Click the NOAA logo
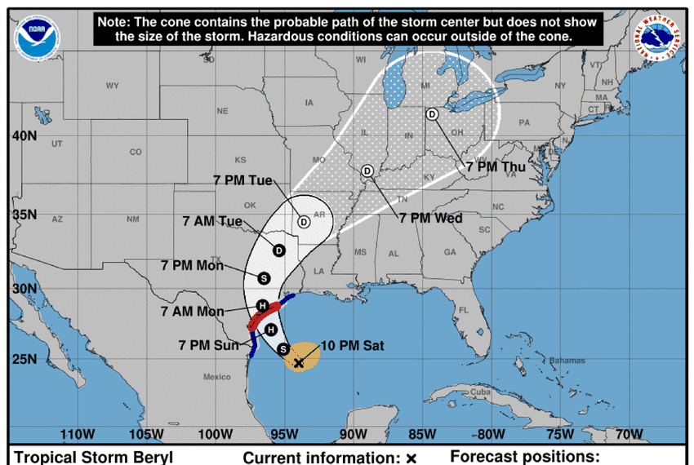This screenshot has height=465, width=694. click(38, 37)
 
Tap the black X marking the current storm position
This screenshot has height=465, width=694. click(299, 362)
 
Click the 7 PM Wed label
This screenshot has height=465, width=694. click(430, 218)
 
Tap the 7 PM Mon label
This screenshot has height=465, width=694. click(192, 266)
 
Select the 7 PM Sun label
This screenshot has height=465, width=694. click(208, 345)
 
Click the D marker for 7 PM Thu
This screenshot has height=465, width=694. click(431, 114)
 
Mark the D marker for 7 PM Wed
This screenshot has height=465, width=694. click(367, 170)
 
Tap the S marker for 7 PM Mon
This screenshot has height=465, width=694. click(264, 277)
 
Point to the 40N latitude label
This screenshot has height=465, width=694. click(24, 136)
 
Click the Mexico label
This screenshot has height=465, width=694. click(217, 377)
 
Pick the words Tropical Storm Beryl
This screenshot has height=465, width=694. click(93, 457)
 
